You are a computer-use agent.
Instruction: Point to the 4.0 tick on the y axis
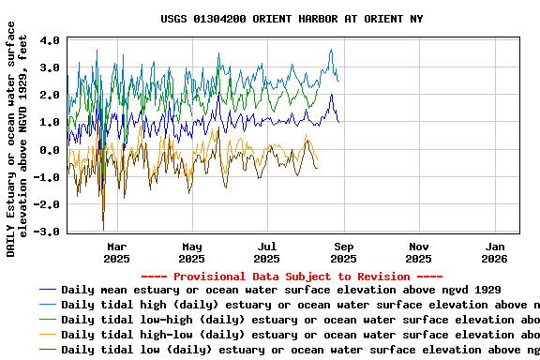click(51, 41)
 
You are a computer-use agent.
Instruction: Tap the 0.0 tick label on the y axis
click(51, 150)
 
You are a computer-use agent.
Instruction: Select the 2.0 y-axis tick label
click(51, 96)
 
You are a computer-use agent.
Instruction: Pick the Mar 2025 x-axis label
click(116, 252)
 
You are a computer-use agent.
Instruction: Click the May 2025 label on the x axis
click(191, 252)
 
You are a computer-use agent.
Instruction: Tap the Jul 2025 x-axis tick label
click(267, 252)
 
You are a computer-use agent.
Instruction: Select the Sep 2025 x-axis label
click(343, 252)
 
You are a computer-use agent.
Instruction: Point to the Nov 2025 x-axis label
click(419, 252)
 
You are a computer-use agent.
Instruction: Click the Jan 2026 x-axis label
click(494, 252)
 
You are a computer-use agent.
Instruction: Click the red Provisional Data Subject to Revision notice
click(292, 277)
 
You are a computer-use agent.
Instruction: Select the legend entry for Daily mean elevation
click(281, 290)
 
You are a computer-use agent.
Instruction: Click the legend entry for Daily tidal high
click(300, 305)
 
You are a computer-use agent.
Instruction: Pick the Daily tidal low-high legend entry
click(300, 320)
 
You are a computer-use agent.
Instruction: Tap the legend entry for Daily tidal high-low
click(300, 335)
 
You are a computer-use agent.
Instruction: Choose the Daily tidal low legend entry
click(300, 350)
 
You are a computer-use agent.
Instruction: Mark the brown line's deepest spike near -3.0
click(103, 228)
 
